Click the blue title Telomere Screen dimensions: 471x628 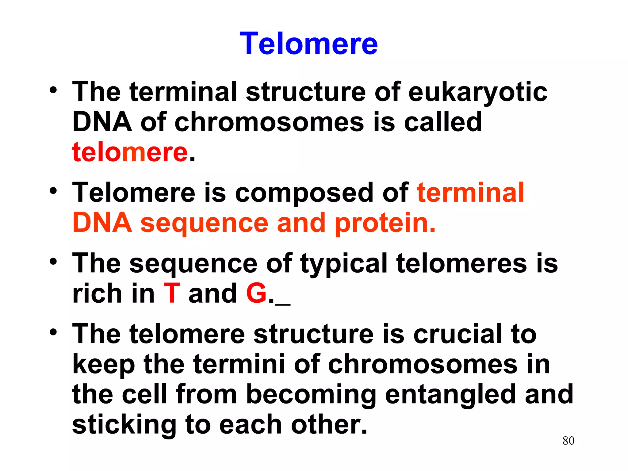tap(308, 44)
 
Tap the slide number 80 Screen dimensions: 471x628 tap(568, 441)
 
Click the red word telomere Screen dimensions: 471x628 tap(130, 152)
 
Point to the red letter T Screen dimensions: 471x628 tap(172, 293)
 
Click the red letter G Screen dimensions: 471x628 tap(256, 293)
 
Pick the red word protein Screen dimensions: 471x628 tap(385, 223)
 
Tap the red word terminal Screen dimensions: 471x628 tap(470, 193)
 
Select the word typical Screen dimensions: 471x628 tap(344, 264)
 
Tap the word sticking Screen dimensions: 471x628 tap(124, 426)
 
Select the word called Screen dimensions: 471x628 tap(443, 122)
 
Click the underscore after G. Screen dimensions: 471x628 tap(283, 304)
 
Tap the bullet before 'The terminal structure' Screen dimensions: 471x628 tap(53, 90)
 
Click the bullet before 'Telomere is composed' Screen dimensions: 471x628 tap(53, 191)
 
